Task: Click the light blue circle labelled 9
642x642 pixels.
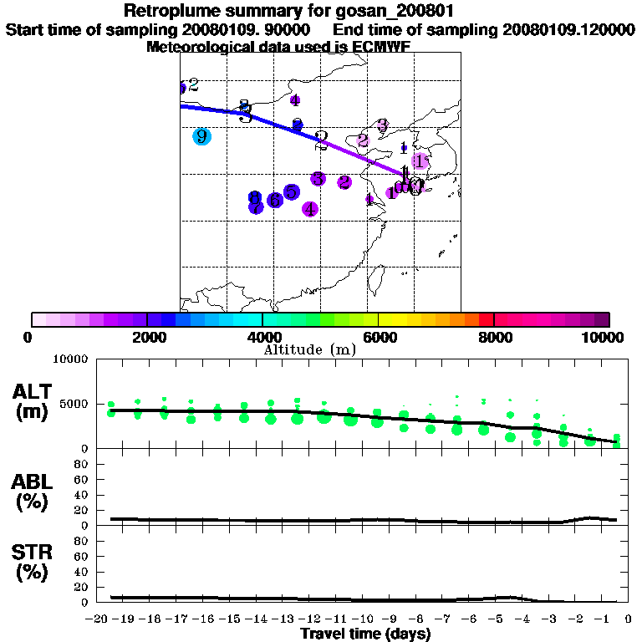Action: click(201, 137)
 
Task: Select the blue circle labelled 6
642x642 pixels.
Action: click(275, 200)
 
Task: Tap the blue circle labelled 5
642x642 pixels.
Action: click(291, 192)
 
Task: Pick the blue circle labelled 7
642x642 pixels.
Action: click(256, 206)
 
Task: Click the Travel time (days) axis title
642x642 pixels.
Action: click(365, 634)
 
